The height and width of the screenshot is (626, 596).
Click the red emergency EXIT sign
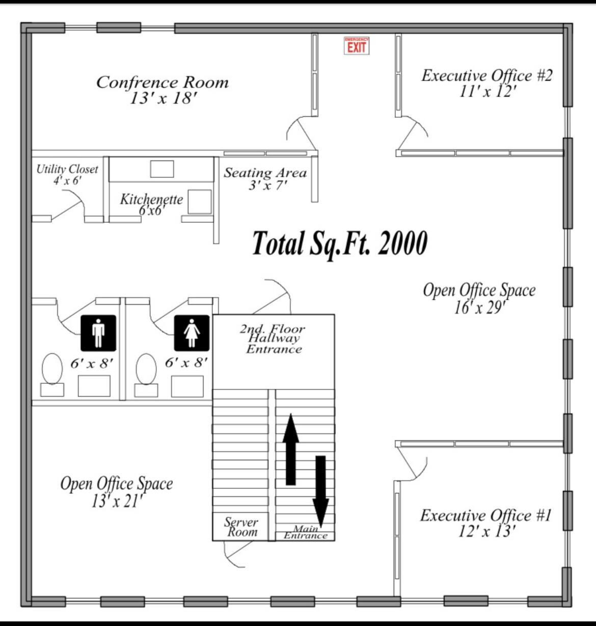(x=356, y=46)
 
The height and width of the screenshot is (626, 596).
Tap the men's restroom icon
(x=98, y=333)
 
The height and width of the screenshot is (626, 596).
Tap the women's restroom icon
(x=192, y=333)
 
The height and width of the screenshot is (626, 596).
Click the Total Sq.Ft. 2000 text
(x=340, y=243)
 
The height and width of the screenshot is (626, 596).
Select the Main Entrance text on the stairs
(x=305, y=533)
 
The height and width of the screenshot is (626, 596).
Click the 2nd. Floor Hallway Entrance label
(x=273, y=338)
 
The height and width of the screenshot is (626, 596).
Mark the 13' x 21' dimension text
(x=117, y=502)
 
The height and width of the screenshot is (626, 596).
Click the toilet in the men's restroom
(x=52, y=370)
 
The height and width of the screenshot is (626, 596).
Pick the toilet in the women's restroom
(x=146, y=369)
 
